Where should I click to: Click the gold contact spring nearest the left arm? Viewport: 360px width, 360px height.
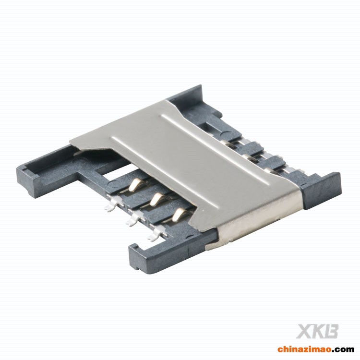point(135,184)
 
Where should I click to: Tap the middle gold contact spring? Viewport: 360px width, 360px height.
point(156,198)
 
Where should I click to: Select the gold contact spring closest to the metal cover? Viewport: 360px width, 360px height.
point(179,214)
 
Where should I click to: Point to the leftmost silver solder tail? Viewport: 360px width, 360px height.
point(111,205)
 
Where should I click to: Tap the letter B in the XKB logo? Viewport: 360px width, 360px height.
point(331,331)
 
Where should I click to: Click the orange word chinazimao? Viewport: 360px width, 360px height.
point(304,349)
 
